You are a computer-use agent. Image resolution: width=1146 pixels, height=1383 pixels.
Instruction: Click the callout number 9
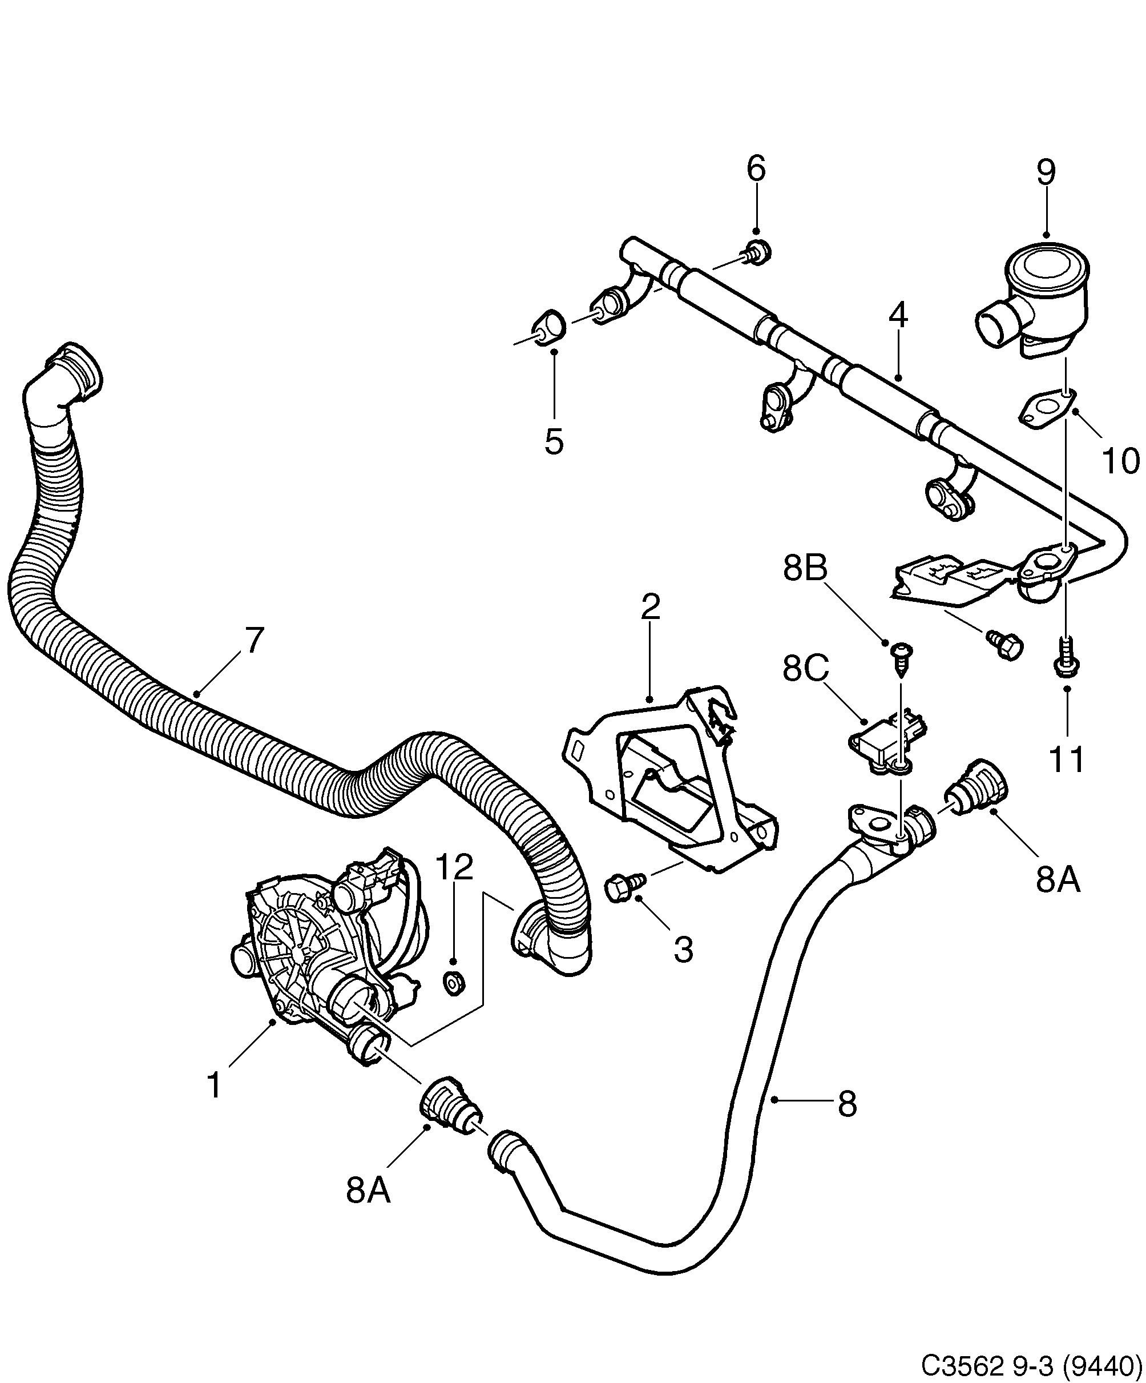(x=1046, y=172)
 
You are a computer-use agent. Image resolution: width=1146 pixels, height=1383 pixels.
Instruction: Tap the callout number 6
(x=756, y=168)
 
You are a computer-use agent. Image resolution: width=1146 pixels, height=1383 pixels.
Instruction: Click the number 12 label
(x=454, y=868)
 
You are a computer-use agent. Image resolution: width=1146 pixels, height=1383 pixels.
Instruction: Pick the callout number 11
(x=1066, y=760)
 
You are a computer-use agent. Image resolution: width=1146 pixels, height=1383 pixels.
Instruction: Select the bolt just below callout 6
(x=758, y=253)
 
